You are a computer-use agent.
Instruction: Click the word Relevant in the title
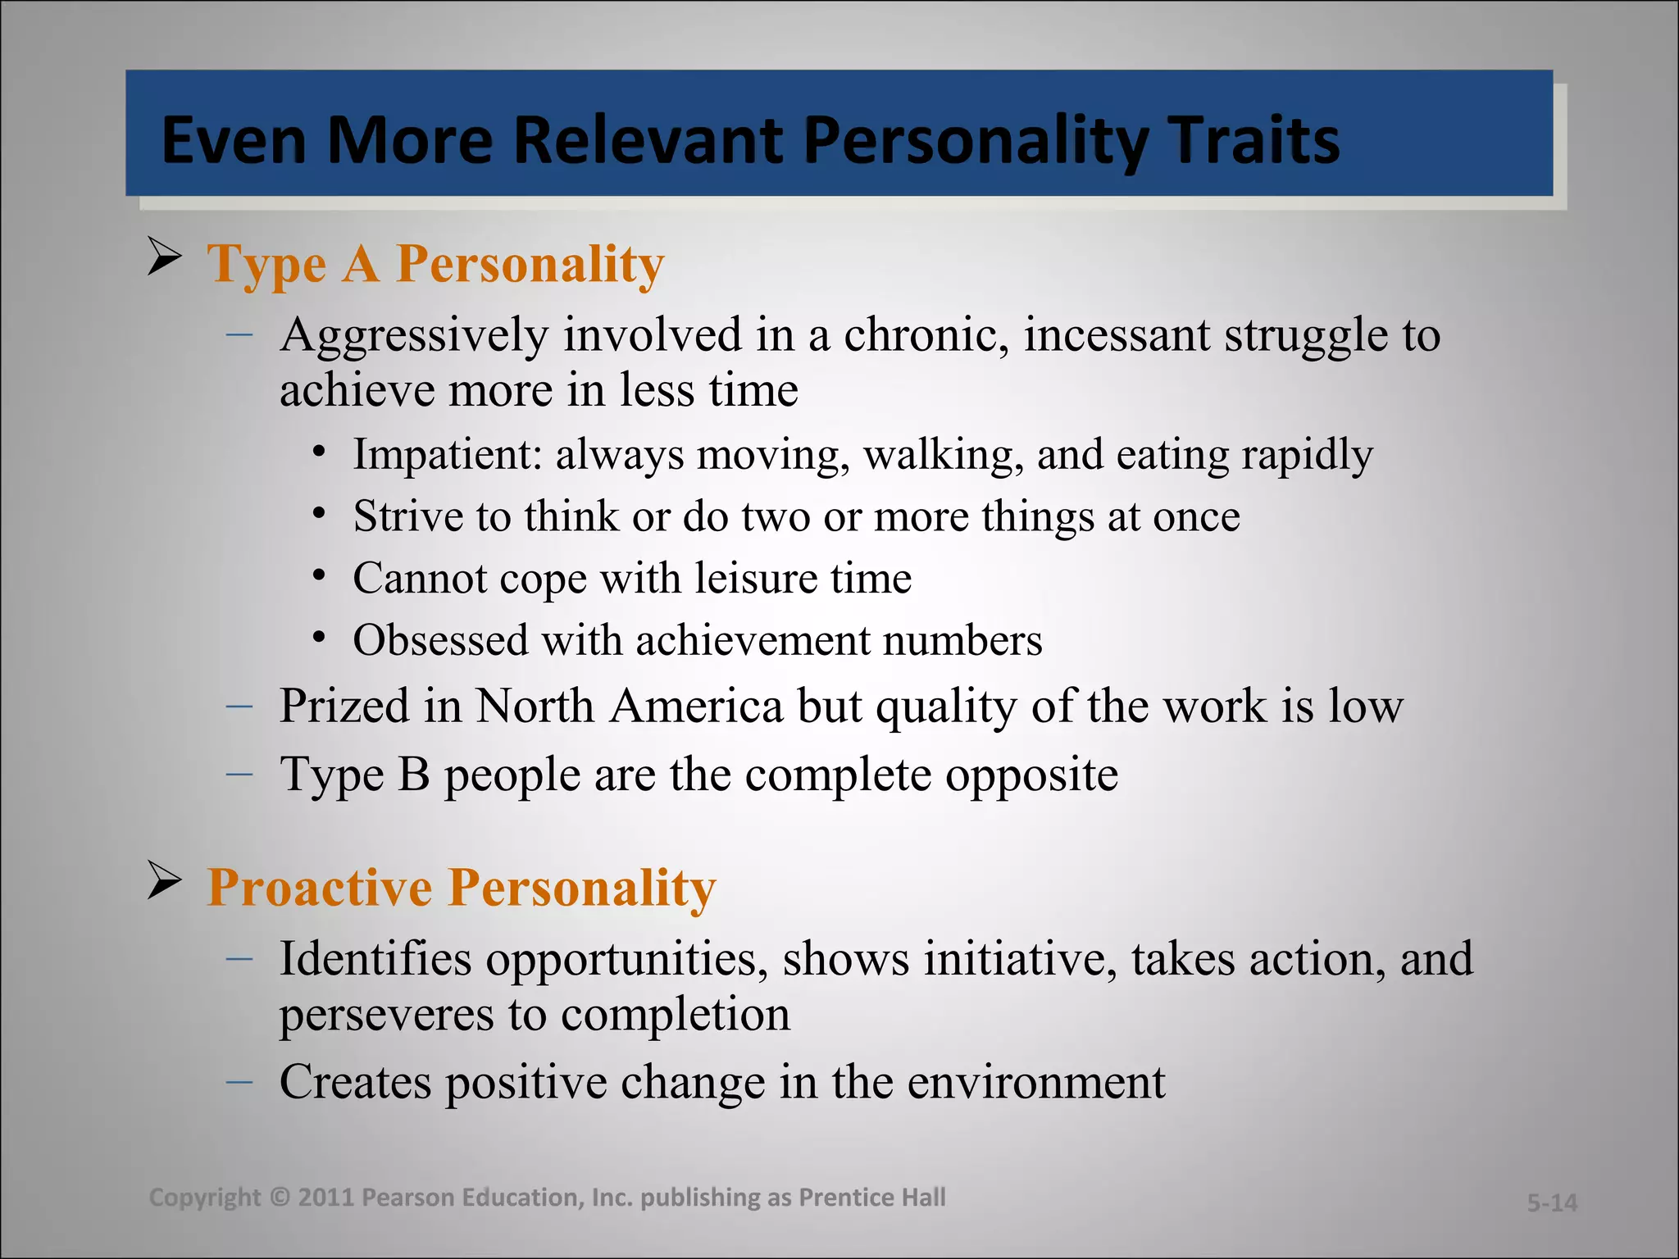tap(647, 140)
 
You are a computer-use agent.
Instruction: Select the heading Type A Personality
tap(435, 264)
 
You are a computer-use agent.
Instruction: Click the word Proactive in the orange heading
tap(320, 888)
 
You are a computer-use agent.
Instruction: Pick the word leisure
tap(756, 578)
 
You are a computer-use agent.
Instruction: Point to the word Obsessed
tap(440, 640)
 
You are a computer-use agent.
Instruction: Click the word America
tap(696, 706)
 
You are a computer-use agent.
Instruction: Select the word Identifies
tap(375, 959)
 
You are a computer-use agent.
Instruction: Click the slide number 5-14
tap(1551, 1202)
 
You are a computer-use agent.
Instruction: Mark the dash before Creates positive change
tap(239, 1082)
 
